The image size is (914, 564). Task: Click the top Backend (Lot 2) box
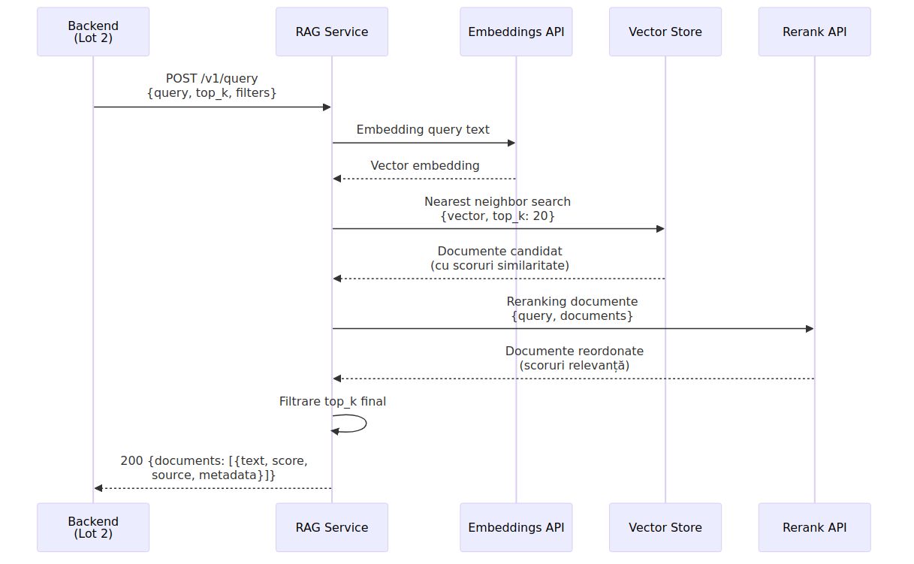[93, 32]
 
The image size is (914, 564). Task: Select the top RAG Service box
[332, 32]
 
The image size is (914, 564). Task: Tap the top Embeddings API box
[516, 32]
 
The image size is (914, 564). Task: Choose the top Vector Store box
[665, 32]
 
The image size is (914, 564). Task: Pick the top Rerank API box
[815, 32]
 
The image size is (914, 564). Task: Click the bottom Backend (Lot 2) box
[93, 527]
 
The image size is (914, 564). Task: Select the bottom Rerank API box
[815, 527]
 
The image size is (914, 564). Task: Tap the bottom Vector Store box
[665, 527]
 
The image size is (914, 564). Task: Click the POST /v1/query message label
[212, 86]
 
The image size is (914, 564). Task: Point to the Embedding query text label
[423, 129]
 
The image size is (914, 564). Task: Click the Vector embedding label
[425, 165]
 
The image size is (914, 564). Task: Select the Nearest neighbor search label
[497, 209]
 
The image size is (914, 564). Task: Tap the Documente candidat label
[500, 258]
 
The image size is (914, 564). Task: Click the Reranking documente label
[572, 309]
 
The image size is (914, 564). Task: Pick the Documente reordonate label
[575, 358]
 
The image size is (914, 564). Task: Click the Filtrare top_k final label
[333, 402]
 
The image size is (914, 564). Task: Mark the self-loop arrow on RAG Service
[366, 424]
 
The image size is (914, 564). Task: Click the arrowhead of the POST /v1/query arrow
[327, 107]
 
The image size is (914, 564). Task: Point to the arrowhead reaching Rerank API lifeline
[810, 328]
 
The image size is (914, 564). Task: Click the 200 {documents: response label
[214, 468]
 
